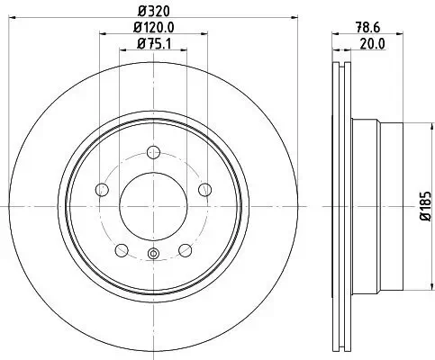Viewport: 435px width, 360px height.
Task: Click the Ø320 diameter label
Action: tap(153, 11)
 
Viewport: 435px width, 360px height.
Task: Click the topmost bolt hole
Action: tap(154, 151)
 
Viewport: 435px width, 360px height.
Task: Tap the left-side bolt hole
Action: tap(102, 189)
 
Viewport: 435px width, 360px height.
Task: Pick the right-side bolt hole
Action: tap(205, 189)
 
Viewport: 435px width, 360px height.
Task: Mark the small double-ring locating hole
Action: tap(154, 254)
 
